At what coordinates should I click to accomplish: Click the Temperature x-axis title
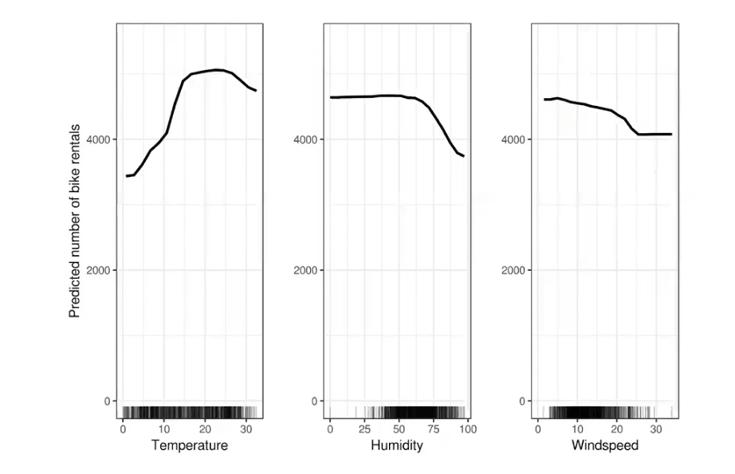190,445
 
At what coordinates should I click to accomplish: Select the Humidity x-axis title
396,445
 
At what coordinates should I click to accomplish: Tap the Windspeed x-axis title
605,445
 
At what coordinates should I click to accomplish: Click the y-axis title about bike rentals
74,221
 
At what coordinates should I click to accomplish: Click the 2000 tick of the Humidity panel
305,270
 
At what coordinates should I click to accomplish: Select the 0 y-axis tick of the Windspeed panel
521,402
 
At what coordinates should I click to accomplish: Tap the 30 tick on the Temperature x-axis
246,429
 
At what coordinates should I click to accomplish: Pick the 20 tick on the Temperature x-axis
204,429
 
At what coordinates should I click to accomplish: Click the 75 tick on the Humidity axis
434,429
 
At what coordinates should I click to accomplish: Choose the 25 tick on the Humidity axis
364,429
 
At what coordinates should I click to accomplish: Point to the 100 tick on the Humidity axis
468,429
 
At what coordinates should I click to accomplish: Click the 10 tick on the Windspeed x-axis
577,429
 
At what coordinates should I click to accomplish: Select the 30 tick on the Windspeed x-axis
656,429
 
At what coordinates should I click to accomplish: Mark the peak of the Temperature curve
217,70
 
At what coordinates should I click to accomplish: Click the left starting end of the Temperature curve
127,176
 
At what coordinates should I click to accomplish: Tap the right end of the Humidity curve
464,156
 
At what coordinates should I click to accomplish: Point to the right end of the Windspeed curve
671,135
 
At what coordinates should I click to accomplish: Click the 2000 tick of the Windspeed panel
513,270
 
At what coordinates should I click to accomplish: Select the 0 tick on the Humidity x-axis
330,429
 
